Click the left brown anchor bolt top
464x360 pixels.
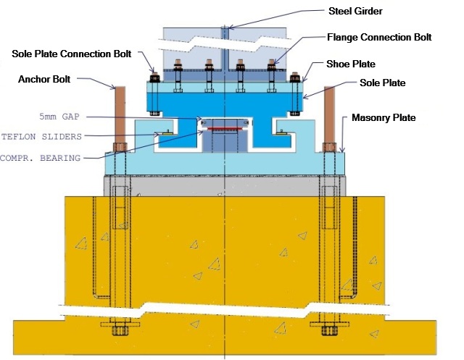click(x=120, y=88)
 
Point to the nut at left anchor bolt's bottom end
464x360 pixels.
click(x=120, y=331)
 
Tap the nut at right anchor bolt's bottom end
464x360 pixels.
click(x=330, y=331)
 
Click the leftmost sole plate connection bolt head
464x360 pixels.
click(x=154, y=75)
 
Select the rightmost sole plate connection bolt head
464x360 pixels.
click(x=295, y=75)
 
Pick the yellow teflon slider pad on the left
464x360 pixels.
click(x=167, y=133)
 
